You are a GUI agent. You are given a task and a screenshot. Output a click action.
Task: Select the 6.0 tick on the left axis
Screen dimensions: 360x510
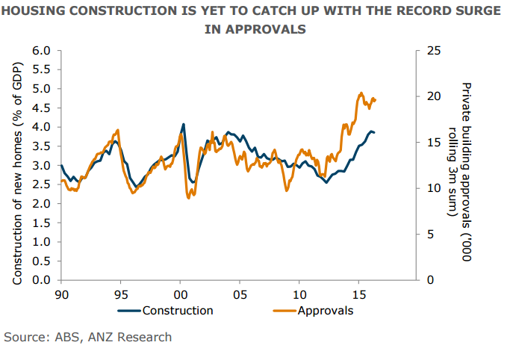pyautogui.click(x=40, y=51)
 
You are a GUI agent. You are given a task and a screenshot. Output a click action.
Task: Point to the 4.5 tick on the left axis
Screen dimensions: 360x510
pyautogui.click(x=40, y=108)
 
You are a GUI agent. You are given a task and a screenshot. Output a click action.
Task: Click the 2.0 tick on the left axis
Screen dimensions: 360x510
pyautogui.click(x=40, y=204)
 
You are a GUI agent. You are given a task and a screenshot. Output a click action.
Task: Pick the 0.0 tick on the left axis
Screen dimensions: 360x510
pyautogui.click(x=40, y=281)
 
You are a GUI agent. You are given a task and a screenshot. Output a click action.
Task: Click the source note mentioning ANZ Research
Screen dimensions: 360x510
pyautogui.click(x=88, y=337)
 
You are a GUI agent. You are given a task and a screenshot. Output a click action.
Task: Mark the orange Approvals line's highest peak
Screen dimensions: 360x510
pyautogui.click(x=361, y=93)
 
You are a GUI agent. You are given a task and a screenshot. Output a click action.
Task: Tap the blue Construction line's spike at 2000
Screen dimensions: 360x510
pyautogui.click(x=184, y=124)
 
